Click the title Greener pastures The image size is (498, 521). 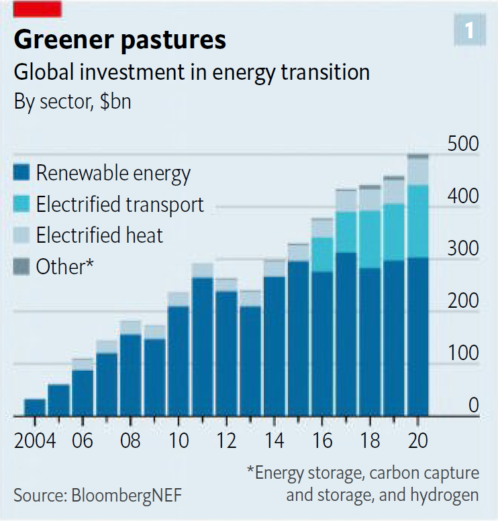(120, 40)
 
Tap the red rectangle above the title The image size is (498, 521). (38, 9)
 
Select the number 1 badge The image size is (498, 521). (469, 30)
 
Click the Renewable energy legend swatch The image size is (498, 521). (22, 174)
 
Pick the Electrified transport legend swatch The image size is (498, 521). (22, 205)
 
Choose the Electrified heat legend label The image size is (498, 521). (99, 235)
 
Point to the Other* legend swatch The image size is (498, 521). (22, 267)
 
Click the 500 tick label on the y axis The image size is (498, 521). (462, 145)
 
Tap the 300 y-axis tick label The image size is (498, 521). (462, 249)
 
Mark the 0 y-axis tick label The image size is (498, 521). (473, 406)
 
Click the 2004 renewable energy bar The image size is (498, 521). (35, 408)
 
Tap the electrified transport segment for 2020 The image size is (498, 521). (418, 221)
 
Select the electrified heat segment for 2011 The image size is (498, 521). (202, 270)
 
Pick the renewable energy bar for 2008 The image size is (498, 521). (130, 375)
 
